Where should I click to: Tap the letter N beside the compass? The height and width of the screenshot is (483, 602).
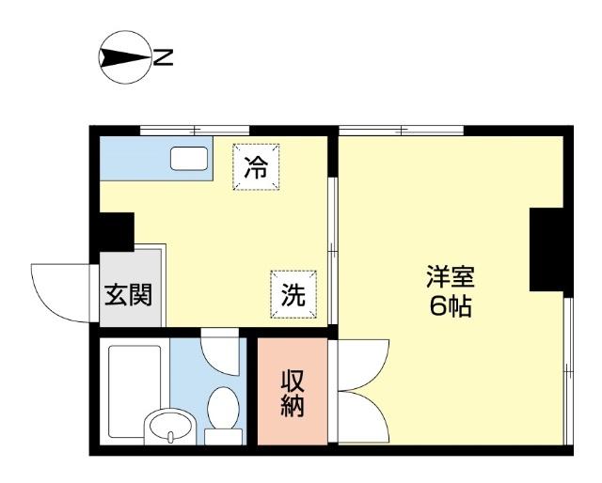163,59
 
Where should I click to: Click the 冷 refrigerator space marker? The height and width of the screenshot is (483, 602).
256,167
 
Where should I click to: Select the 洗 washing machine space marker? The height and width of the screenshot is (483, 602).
293,294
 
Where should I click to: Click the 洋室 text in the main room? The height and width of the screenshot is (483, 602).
451,277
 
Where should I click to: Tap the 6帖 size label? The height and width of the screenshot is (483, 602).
451,305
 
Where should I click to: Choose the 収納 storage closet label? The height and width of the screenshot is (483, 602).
293,393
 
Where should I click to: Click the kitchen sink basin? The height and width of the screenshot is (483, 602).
190,158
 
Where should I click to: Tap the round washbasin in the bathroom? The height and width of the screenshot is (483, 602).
169,427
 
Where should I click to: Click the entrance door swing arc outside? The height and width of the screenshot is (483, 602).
55,288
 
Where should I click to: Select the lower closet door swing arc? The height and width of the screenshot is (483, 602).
360,416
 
